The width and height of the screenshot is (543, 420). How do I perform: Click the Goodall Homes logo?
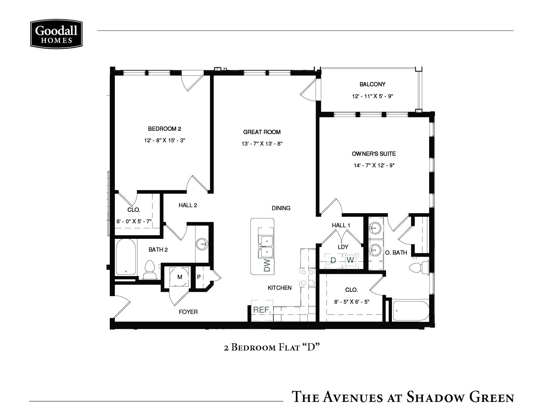point(56,34)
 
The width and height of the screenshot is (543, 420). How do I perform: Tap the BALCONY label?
point(372,84)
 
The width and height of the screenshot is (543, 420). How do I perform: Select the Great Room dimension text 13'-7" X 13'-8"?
point(262,144)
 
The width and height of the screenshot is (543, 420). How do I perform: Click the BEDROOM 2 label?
point(165,128)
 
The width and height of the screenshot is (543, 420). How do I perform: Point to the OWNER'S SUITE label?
point(374,154)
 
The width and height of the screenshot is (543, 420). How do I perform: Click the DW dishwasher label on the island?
point(267,265)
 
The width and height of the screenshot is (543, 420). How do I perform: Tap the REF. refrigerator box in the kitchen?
point(262,310)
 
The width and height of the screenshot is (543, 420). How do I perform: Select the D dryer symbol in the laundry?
point(333,260)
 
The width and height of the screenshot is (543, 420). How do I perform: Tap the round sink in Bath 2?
point(201,244)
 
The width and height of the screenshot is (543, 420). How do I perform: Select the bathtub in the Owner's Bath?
point(411,310)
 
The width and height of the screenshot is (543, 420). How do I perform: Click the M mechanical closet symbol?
point(180,277)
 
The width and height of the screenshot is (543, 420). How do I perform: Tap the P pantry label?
point(199,277)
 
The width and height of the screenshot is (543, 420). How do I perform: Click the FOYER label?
point(188,312)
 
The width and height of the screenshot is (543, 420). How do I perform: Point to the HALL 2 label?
point(188,205)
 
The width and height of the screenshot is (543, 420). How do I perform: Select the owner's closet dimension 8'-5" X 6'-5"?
point(351,301)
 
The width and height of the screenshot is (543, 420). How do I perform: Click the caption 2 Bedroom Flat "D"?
point(272,347)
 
